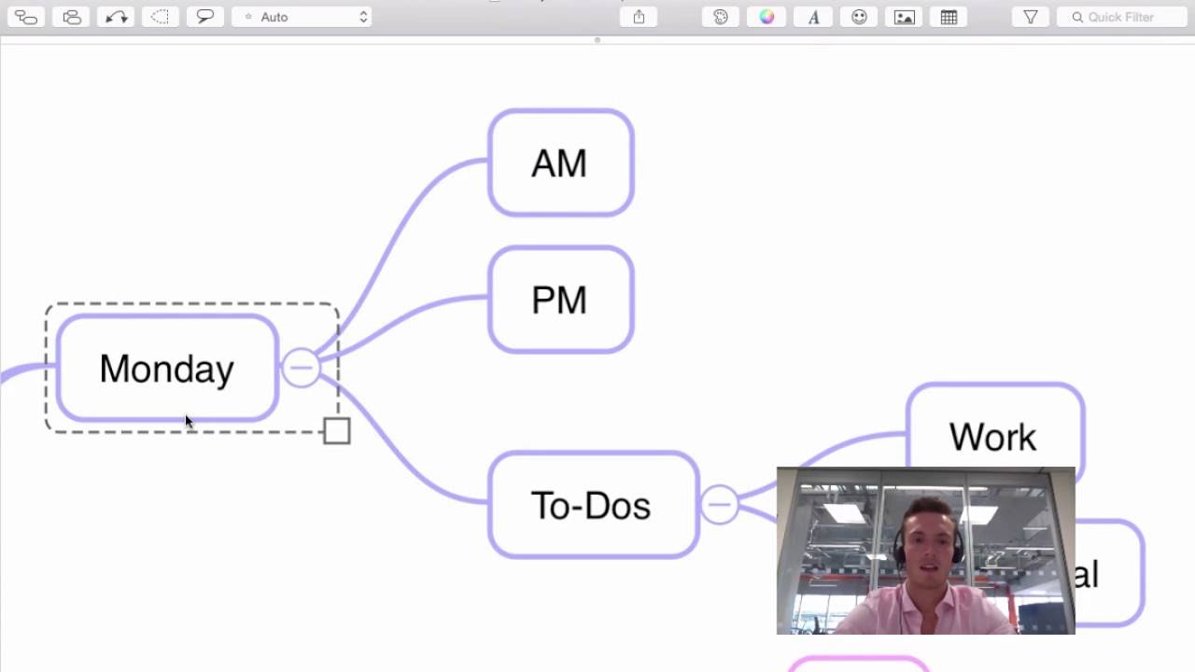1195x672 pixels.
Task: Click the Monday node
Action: [x=167, y=369]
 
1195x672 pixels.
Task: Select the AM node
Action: [x=560, y=163]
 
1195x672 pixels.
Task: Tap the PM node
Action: [x=560, y=300]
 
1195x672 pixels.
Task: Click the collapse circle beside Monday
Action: [x=301, y=368]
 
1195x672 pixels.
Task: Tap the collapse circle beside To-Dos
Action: [x=719, y=505]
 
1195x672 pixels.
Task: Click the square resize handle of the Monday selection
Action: [x=336, y=431]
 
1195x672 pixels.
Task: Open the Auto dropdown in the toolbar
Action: [x=302, y=17]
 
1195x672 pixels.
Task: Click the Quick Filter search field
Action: [x=1125, y=17]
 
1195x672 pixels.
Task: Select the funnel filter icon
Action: [x=1030, y=17]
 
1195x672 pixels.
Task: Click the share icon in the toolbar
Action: [x=639, y=17]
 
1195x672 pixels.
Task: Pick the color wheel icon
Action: [x=766, y=17]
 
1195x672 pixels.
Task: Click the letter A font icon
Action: [x=813, y=17]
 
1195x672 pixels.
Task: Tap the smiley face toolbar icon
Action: [x=859, y=17]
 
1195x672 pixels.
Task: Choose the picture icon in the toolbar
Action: [x=904, y=17]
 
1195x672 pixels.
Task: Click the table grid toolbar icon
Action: [x=949, y=17]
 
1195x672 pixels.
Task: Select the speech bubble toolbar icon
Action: [x=205, y=17]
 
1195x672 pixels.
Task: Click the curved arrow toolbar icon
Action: [x=116, y=17]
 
